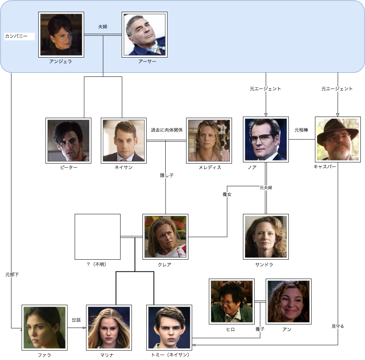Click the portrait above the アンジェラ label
coord(61,34)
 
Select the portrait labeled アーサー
coord(144,34)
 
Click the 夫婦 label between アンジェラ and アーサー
coord(103,27)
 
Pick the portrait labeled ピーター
coord(68,140)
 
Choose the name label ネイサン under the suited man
coord(124,167)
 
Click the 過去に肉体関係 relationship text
coord(167,130)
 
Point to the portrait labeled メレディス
coord(209,140)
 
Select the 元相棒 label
coord(301,130)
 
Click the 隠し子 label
coord(166,175)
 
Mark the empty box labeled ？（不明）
coord(97,237)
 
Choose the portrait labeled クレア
coord(165,237)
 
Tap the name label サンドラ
coord(264,265)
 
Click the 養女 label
coord(227,194)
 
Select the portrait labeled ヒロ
coord(232,301)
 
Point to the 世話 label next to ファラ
coord(77,320)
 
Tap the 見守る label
coord(338,326)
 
